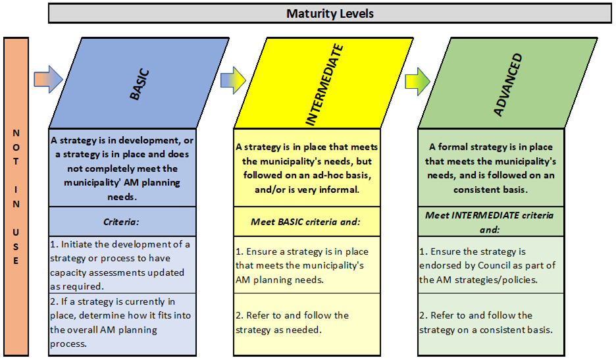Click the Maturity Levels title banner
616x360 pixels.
click(x=330, y=13)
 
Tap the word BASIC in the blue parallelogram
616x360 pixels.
click(x=140, y=84)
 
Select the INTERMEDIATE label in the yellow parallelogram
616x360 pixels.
click(x=324, y=85)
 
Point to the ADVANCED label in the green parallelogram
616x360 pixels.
click(x=507, y=84)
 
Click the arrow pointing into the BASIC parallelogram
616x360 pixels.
click(x=48, y=80)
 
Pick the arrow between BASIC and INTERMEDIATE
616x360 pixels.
click(x=233, y=80)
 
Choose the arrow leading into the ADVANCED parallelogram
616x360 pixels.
click(x=418, y=82)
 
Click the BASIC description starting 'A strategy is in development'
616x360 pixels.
click(x=122, y=168)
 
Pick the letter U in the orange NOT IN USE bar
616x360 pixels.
click(x=16, y=232)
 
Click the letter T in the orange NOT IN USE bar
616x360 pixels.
click(x=16, y=161)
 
